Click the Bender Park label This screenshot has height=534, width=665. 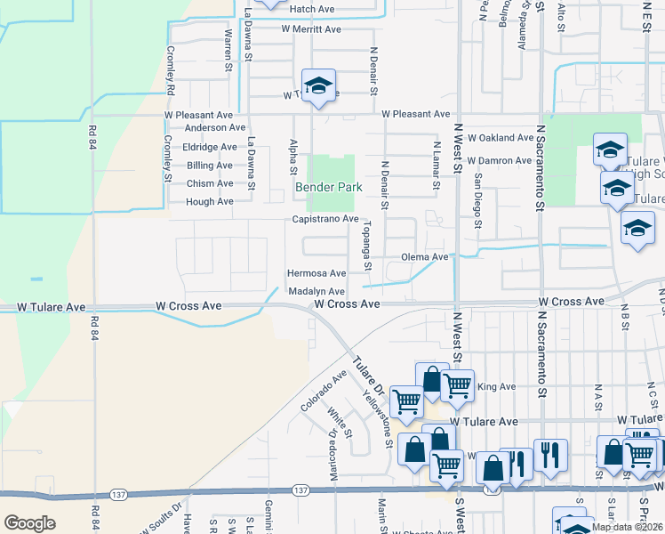(x=329, y=188)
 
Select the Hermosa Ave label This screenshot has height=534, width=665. (x=316, y=273)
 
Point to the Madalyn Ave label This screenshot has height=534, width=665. (x=316, y=292)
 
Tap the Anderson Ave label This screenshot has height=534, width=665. (x=209, y=127)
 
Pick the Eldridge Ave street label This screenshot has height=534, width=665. (x=210, y=147)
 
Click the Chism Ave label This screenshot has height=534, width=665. (x=210, y=183)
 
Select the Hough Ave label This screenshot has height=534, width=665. (x=210, y=202)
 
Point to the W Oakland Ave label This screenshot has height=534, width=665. (x=500, y=138)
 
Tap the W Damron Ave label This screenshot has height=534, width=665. (x=499, y=160)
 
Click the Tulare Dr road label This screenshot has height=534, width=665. (x=367, y=376)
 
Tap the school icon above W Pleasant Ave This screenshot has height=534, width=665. (x=317, y=85)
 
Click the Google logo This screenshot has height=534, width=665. (x=29, y=523)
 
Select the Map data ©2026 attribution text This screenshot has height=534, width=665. (x=627, y=527)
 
